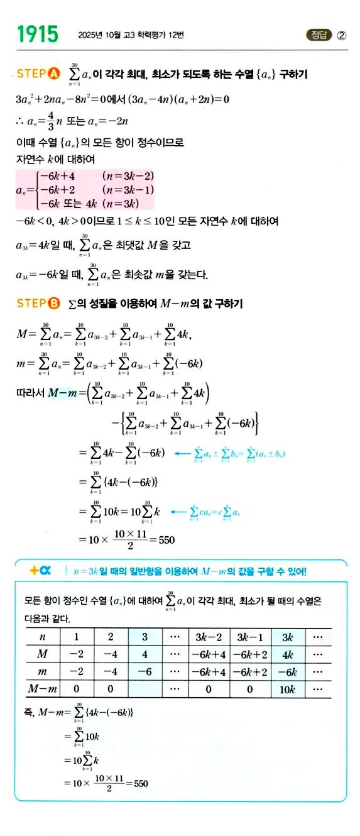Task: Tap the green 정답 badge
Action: (x=318, y=35)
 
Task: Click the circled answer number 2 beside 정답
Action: (x=341, y=35)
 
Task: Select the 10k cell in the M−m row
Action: (x=288, y=689)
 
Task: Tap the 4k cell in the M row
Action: (x=288, y=654)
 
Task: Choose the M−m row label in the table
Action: (x=43, y=689)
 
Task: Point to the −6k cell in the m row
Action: (x=288, y=671)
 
